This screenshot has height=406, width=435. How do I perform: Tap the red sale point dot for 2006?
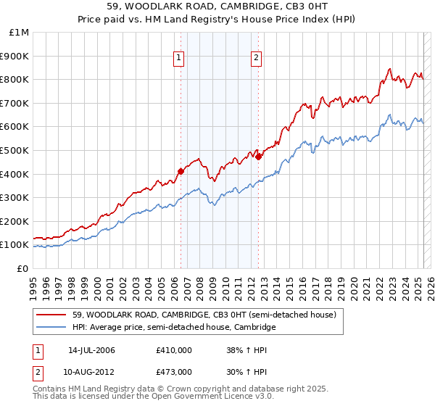[x=181, y=171]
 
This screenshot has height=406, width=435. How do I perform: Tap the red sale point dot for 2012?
[x=259, y=156]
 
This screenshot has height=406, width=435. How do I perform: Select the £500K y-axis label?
[x=16, y=150]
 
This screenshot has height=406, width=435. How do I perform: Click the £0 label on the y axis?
[x=23, y=268]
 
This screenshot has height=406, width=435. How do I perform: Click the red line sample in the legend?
[x=52, y=315]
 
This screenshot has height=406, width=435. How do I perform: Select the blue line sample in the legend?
[x=52, y=328]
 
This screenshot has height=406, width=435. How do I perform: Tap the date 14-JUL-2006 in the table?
[x=91, y=350]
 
